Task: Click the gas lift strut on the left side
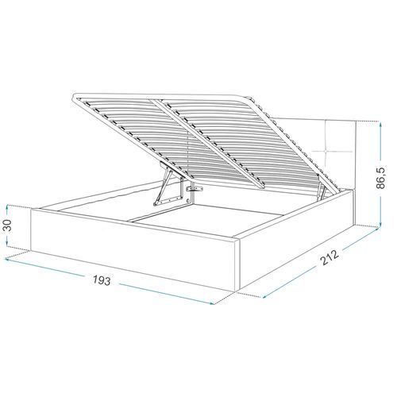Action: tap(166, 188)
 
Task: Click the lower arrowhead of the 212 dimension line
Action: tap(264, 296)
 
